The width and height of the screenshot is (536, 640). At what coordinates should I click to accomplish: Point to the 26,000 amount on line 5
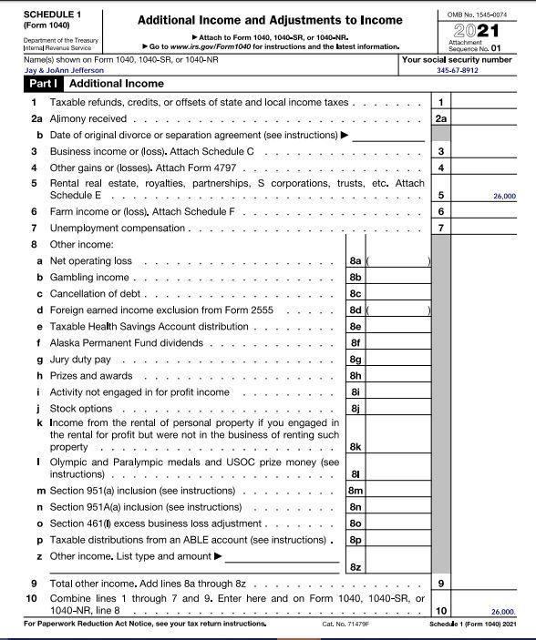coord(503,196)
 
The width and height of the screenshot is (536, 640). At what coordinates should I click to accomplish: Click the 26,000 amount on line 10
coord(503,613)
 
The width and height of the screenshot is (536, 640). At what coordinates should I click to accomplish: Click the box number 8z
coord(356,567)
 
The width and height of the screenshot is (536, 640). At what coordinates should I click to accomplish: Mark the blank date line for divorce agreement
coord(389,135)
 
